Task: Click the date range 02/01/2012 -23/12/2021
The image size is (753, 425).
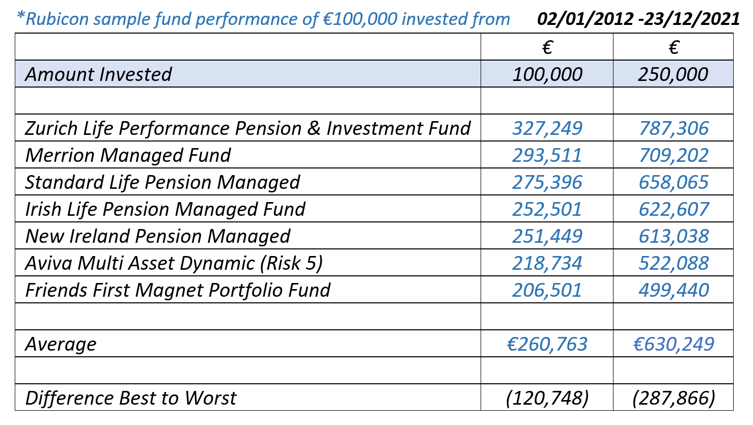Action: coord(638,19)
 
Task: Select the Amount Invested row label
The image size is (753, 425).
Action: coord(99,74)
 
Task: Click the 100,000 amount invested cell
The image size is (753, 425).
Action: coord(547,74)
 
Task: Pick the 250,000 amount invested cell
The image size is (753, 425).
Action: coord(673,74)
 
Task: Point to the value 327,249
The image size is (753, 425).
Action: coord(547,128)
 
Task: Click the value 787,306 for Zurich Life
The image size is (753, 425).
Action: coord(674,128)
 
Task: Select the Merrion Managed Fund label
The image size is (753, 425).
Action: coord(128,155)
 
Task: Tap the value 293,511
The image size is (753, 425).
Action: coord(547,155)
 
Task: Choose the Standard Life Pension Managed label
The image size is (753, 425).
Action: coord(163,182)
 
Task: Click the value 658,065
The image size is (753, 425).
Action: coord(674,182)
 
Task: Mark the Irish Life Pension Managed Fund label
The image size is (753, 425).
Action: coord(165,209)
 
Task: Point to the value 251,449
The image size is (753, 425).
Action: coord(547,236)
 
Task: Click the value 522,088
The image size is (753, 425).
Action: coord(674,263)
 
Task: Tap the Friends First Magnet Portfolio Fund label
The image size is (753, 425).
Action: coord(178,290)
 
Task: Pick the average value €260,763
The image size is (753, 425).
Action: coord(547,344)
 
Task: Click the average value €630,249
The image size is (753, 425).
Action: coord(674,344)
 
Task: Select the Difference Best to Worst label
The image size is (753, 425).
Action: coord(131,398)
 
